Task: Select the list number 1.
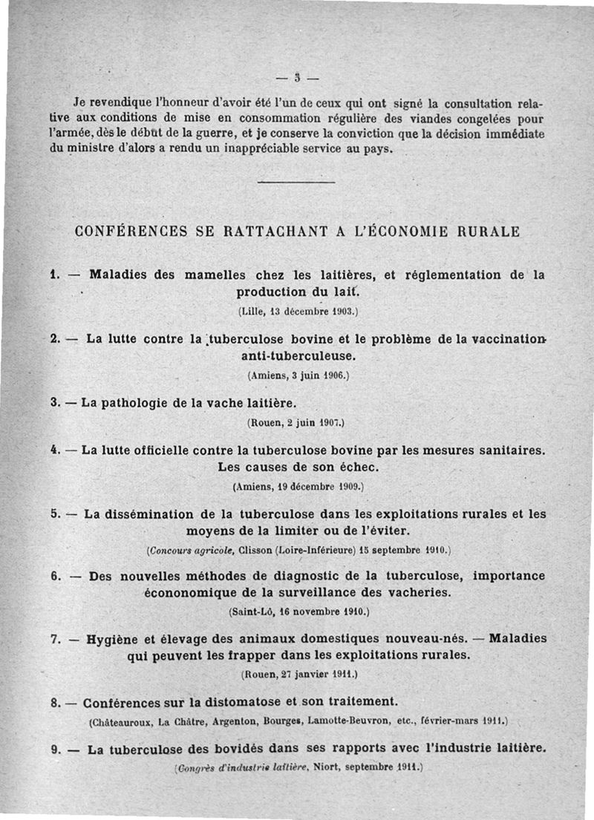(54, 274)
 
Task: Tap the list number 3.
(54, 403)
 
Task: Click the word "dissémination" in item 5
(154, 513)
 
